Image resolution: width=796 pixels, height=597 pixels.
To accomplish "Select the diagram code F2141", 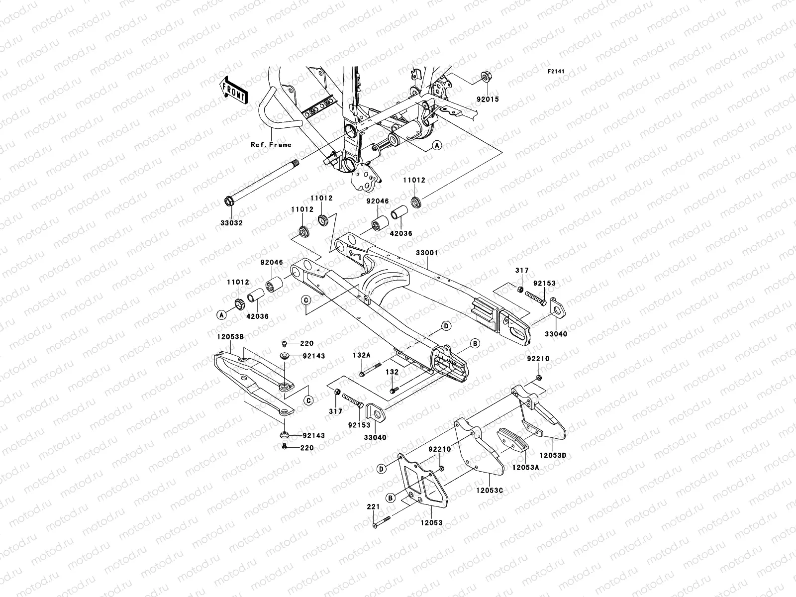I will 556,72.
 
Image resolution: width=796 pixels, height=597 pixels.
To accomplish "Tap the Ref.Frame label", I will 271,145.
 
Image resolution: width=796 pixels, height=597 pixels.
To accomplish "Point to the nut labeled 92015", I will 485,77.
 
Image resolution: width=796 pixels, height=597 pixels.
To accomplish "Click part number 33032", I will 232,223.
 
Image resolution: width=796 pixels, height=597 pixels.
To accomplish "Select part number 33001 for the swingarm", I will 427,253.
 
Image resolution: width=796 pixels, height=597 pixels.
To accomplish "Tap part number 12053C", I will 490,490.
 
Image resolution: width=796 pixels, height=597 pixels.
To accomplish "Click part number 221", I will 374,507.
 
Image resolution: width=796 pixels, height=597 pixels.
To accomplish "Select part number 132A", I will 362,355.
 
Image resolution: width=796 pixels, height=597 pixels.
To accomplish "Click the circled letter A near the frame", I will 436,145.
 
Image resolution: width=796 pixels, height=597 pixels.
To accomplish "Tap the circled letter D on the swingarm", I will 446,326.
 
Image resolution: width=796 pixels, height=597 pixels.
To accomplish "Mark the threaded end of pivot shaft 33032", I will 296,162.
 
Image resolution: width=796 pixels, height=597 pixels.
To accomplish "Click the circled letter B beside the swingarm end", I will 475,343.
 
